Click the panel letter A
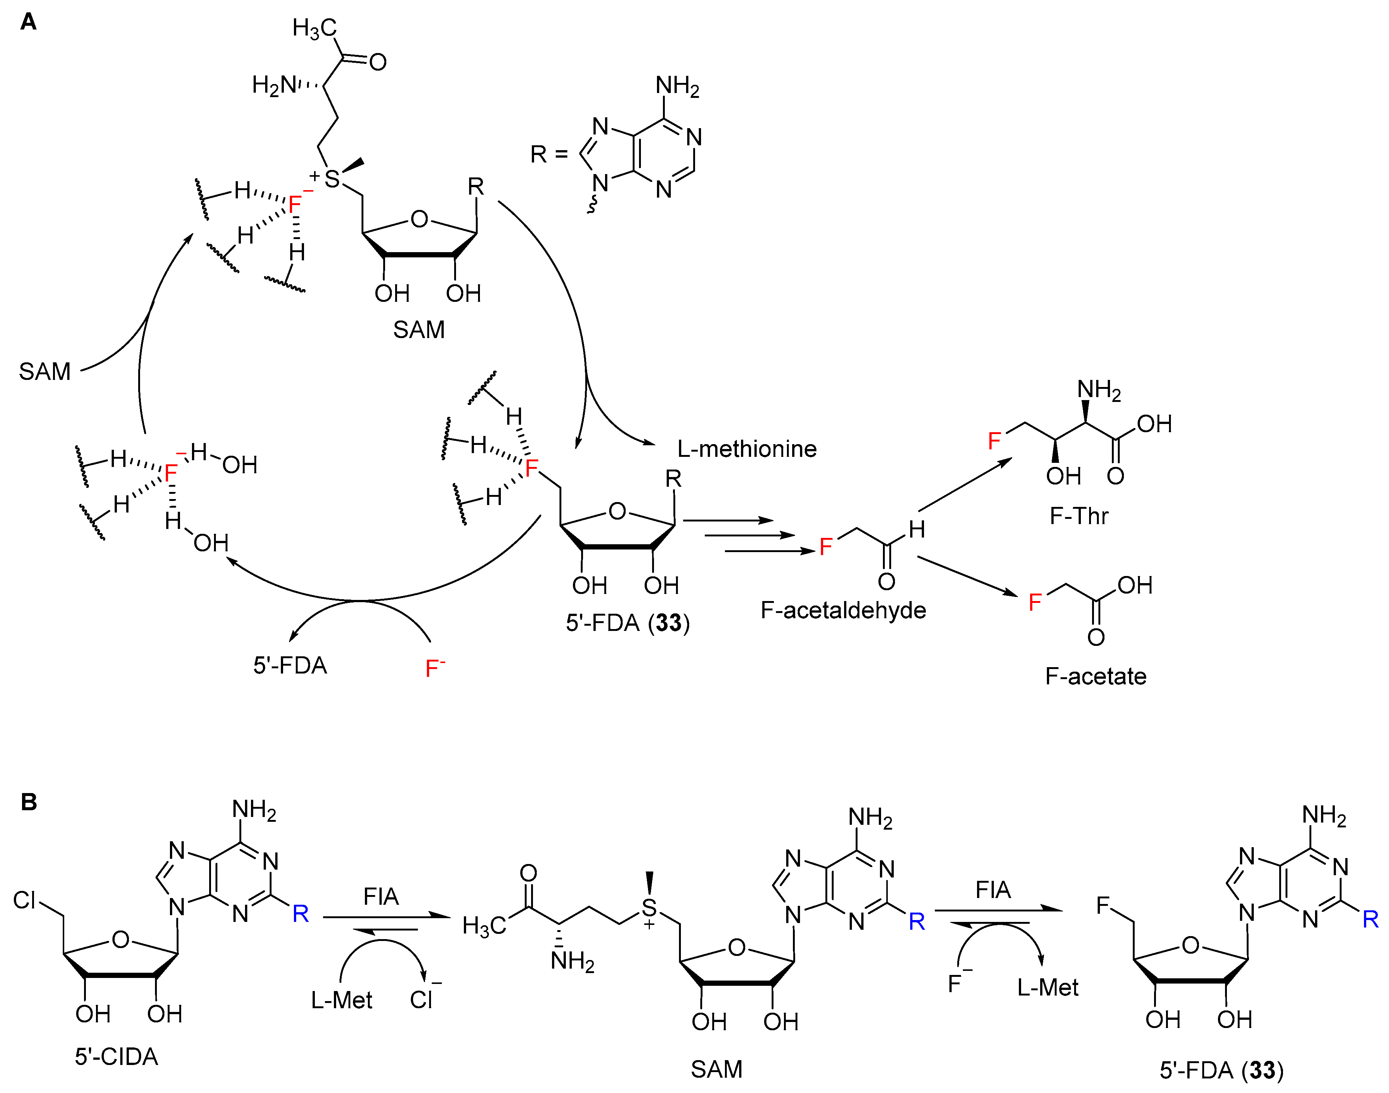[x=28, y=22]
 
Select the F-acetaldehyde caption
[x=843, y=610]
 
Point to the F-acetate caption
[x=1095, y=676]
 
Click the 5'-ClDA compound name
[x=116, y=1056]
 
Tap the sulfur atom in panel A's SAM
[x=332, y=179]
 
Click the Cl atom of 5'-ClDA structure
[x=24, y=900]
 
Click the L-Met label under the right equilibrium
[x=1047, y=987]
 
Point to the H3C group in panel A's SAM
[x=314, y=28]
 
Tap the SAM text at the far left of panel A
[x=44, y=371]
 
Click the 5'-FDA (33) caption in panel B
[x=1221, y=1070]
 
